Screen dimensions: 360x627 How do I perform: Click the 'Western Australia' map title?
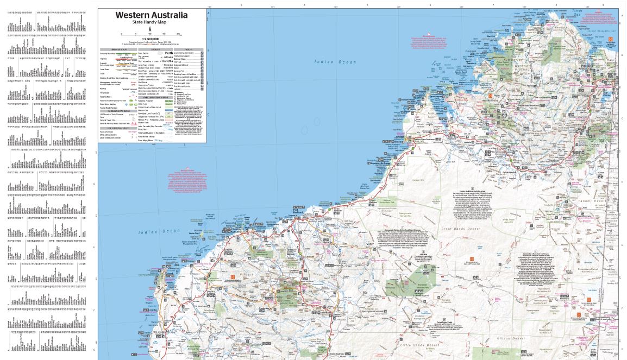pos(151,15)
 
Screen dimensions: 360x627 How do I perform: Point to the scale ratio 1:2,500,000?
pos(151,39)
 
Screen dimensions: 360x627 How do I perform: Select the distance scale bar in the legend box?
pos(151,34)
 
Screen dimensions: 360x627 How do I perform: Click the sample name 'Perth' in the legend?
pos(169,53)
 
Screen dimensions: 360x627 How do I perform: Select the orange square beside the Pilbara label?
pos(233,277)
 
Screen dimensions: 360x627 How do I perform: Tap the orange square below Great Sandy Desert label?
pos(471,259)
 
